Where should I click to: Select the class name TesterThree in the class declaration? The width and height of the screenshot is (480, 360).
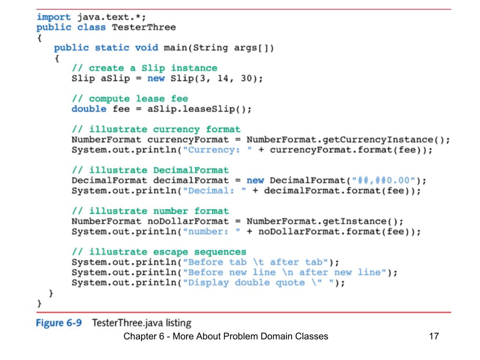(144, 27)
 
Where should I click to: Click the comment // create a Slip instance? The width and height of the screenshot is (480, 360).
(144, 68)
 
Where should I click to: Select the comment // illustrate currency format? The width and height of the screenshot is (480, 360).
(156, 129)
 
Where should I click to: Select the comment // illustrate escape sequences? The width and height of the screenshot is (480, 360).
(158, 252)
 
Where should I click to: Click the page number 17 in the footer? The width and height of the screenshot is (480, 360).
(434, 336)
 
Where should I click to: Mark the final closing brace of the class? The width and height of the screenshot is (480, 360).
(39, 303)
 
